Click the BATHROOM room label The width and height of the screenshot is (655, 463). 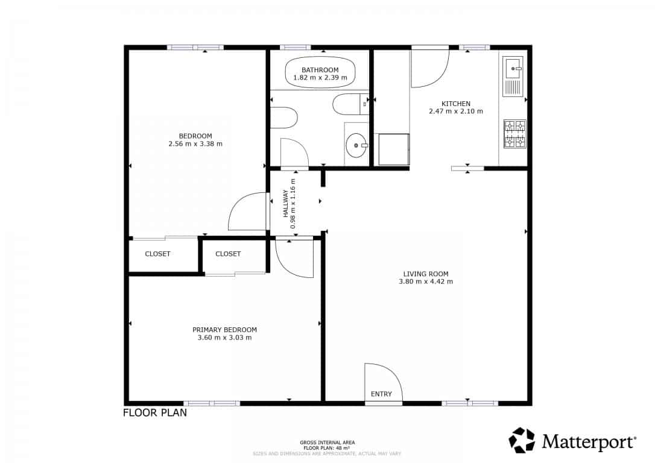point(320,70)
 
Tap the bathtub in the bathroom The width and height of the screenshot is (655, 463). point(320,73)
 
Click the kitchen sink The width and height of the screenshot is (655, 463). point(513,68)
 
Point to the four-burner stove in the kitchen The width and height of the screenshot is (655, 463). point(514,134)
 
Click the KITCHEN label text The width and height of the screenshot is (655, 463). point(455,104)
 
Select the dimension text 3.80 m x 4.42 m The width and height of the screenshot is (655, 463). point(426,282)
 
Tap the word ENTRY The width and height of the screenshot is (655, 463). point(381,394)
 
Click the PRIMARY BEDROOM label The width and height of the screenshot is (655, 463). point(224,330)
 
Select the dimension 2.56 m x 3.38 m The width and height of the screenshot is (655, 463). point(195,144)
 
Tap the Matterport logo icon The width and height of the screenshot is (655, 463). point(522,441)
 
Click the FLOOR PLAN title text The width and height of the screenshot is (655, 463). point(155,413)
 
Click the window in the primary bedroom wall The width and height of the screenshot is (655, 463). point(212,403)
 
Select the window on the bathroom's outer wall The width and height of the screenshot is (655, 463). point(295,47)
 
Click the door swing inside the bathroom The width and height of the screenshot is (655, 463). point(294,152)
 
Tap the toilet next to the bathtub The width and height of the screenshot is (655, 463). point(347,104)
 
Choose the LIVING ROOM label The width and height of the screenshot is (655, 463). point(426,274)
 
